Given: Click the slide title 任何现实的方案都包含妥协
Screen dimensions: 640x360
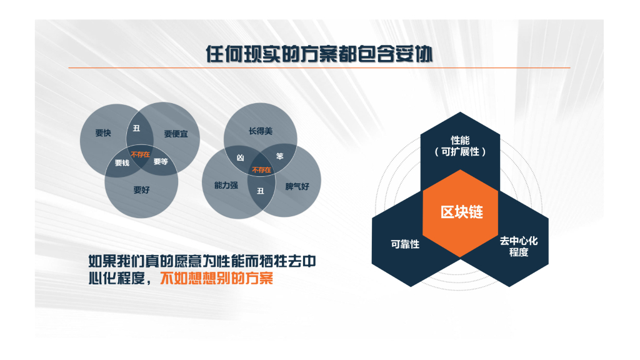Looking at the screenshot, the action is (319, 54).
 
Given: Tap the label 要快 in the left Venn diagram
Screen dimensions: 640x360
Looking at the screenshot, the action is (103, 133).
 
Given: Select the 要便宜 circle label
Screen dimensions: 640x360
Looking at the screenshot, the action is (176, 133).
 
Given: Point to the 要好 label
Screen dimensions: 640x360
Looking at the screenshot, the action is (141, 190).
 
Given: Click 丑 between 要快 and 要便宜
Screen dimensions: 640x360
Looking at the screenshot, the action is (136, 129).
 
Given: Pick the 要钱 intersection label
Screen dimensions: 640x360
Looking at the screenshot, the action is (122, 163).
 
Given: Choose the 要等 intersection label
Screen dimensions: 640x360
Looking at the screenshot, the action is (161, 162).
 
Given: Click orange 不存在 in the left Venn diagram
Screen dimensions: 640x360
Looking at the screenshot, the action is (140, 153).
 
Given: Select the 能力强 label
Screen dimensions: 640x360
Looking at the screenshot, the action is (226, 186).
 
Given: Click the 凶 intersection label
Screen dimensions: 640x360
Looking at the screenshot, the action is (239, 159).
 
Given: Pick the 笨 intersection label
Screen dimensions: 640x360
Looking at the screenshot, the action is (280, 157).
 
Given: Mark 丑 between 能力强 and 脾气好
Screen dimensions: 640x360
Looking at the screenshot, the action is (261, 191).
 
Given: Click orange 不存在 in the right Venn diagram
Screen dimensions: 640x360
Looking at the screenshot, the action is (261, 169).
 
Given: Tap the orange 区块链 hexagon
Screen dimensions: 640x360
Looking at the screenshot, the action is (461, 212).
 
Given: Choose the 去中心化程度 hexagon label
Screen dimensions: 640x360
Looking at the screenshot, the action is (518, 247).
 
